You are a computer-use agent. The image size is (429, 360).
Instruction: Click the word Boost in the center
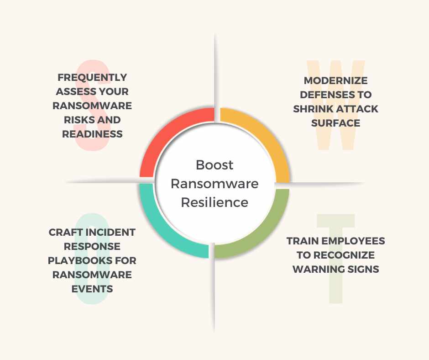pos(214,164)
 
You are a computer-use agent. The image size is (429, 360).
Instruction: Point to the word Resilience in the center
pos(214,202)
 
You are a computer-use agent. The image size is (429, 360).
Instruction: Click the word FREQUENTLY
pos(92,77)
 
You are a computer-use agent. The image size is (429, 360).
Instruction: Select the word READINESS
pos(92,134)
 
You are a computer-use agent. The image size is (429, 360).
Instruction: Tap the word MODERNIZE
pos(336,80)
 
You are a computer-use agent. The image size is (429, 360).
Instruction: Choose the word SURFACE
pos(336,123)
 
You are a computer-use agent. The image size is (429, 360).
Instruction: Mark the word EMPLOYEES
pos(355,241)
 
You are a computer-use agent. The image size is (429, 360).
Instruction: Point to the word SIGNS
pos(362,269)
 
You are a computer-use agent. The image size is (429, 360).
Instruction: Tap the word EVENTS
pos(92,289)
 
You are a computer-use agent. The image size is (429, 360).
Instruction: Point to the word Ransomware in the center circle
pos(214,183)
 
